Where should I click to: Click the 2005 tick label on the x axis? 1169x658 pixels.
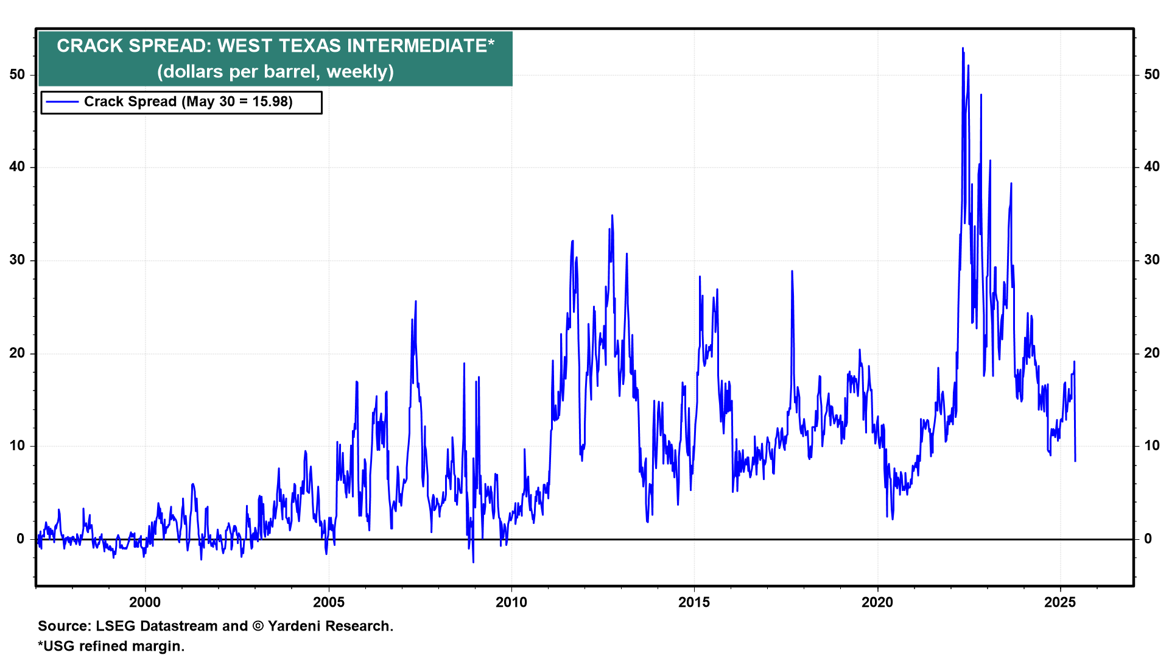click(328, 603)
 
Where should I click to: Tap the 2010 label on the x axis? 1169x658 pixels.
click(511, 603)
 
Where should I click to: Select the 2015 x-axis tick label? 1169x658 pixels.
click(694, 603)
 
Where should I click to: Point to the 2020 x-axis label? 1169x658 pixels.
click(877, 603)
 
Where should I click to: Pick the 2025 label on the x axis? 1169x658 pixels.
click(1060, 603)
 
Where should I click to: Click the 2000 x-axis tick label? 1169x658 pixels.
click(145, 603)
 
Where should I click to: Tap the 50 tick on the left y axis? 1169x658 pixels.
click(17, 74)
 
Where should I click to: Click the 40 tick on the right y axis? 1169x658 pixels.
click(1152, 167)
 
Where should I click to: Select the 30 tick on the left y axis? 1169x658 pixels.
click(17, 260)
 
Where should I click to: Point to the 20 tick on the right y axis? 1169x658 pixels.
click(1152, 353)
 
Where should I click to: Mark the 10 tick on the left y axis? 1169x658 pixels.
click(17, 446)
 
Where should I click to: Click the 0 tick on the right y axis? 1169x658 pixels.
click(1148, 539)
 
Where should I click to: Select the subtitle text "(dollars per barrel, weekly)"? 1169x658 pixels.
click(275, 72)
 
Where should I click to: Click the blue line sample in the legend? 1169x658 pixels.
click(62, 102)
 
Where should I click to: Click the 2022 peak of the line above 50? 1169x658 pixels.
click(963, 48)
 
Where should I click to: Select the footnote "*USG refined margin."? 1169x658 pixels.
click(111, 646)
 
